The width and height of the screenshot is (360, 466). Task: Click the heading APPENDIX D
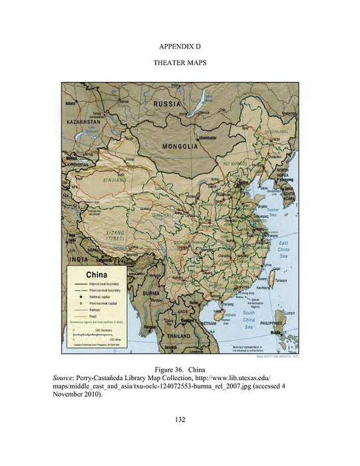[180, 48]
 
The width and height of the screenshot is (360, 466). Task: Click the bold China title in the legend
[93, 273]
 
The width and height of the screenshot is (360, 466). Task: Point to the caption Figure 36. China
[180, 368]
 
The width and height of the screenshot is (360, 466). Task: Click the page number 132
[180, 419]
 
